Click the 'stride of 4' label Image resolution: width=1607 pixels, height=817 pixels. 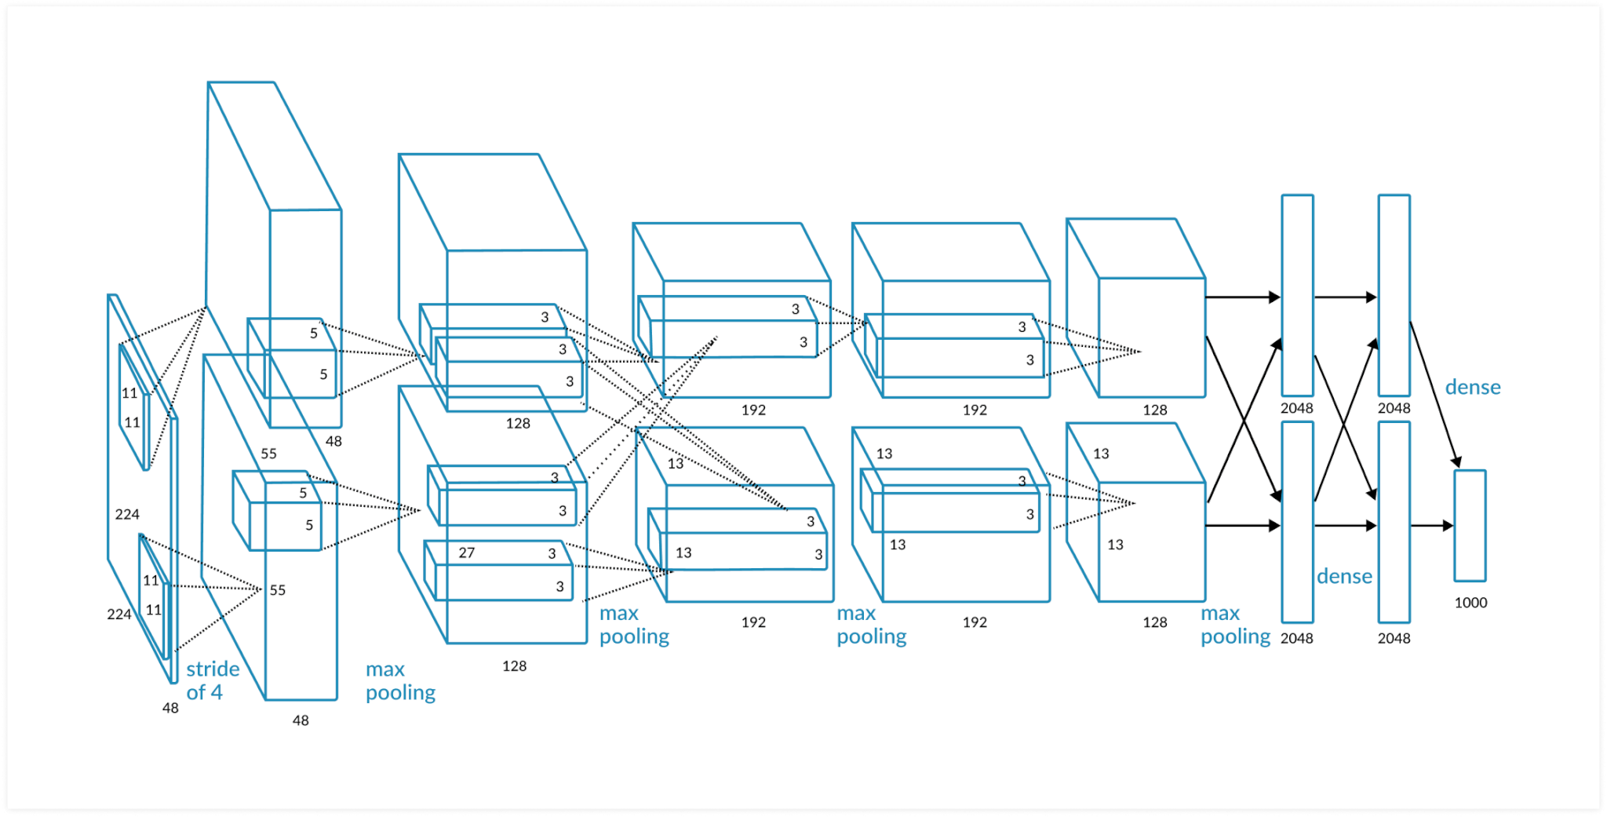coord(212,680)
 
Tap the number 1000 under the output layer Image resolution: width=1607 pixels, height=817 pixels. coord(1470,603)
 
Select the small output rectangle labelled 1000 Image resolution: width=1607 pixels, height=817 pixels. coord(1470,526)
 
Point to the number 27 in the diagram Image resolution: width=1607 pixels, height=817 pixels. coord(467,553)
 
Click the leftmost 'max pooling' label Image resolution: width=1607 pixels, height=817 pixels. coord(400,680)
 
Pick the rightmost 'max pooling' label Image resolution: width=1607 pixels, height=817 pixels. coord(1235,625)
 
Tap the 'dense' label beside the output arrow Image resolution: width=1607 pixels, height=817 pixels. coord(1473,387)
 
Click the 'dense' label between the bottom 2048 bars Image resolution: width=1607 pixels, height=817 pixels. coord(1344,576)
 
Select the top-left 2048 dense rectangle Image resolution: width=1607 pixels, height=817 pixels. coord(1297,295)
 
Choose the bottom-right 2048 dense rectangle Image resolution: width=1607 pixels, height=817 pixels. coord(1394,522)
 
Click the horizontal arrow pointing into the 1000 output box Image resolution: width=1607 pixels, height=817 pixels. coord(1431,526)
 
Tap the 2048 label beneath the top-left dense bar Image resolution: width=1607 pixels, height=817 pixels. coord(1296,408)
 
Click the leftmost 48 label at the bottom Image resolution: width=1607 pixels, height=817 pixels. coord(170,708)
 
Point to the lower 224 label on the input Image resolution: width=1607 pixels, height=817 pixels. coord(119,615)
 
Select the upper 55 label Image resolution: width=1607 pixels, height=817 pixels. coord(268,454)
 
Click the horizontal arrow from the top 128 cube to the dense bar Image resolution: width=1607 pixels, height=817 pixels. coord(1242,297)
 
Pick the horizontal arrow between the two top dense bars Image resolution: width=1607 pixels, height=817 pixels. coord(1345,297)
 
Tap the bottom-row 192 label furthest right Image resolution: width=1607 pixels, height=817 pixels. coord(975,622)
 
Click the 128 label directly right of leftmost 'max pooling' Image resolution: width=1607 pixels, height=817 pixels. coord(514,666)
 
